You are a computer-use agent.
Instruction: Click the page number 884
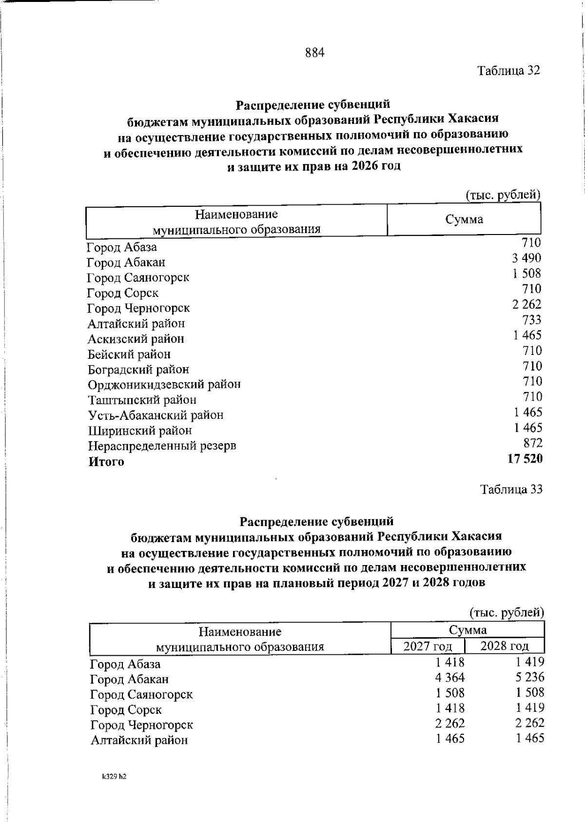pos(315,53)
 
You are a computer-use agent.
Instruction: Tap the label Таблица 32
pos(509,71)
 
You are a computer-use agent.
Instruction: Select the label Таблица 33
pos(511,489)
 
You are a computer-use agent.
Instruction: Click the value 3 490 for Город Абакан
pos(526,258)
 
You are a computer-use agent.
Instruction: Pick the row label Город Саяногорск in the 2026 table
pos(138,278)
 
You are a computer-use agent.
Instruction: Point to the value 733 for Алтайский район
pos(531,320)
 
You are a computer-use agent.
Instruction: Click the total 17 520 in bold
pos(525,459)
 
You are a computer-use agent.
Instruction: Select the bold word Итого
pos(106,462)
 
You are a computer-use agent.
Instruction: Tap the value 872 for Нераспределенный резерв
pos(532,443)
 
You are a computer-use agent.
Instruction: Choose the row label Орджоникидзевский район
pos(164,385)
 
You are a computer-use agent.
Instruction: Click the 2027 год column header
pos(428,646)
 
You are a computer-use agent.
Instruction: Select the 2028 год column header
pos(505,646)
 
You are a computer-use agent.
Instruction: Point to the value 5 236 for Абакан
pos(529,678)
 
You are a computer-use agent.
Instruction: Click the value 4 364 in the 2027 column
pos(450,678)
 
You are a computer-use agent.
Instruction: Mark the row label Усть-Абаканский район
pos(156,415)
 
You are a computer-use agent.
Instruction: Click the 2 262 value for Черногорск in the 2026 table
pos(526,305)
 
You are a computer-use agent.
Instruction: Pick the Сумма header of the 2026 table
pos(464,219)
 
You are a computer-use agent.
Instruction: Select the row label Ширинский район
pos(140,431)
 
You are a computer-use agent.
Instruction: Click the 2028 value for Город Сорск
pos(529,708)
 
